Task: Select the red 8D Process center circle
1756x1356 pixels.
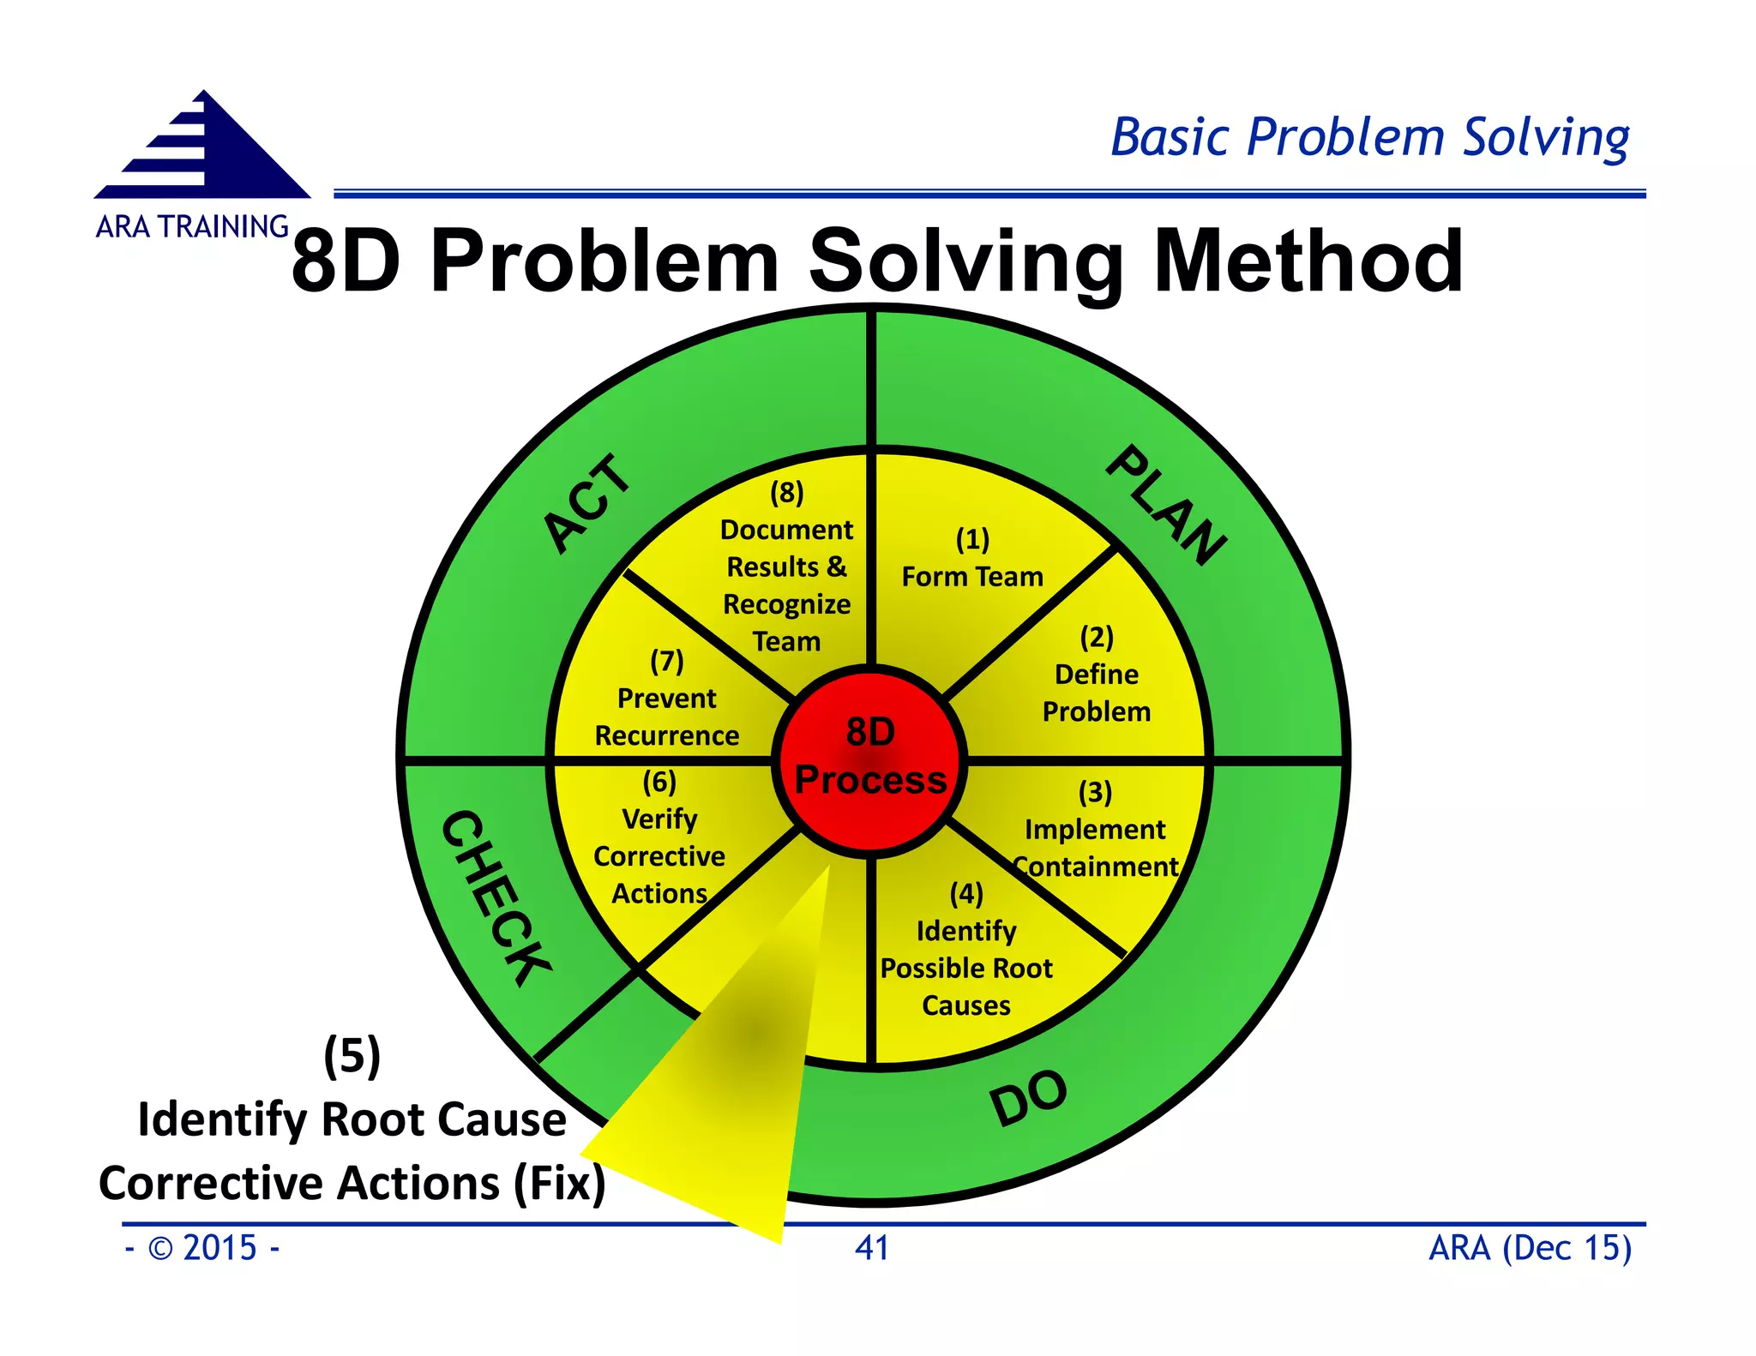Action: tap(870, 758)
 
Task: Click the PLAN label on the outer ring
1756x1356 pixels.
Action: tap(1165, 505)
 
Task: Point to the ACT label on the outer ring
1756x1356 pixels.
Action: tap(587, 503)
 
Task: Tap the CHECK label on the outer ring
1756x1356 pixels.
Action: tap(496, 897)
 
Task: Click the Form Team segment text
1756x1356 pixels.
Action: tap(972, 576)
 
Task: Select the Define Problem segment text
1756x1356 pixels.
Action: tap(1096, 693)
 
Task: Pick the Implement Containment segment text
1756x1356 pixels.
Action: tap(1095, 848)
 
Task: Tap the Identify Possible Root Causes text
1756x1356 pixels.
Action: tap(966, 968)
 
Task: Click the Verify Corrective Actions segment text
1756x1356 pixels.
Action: tap(659, 855)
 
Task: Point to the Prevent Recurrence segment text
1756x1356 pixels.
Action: tap(666, 717)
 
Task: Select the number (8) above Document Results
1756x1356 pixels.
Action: tap(786, 492)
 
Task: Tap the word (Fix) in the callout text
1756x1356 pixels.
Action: tap(559, 1183)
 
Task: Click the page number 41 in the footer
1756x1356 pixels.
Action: tap(871, 1248)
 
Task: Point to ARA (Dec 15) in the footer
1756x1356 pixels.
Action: tap(1529, 1248)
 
